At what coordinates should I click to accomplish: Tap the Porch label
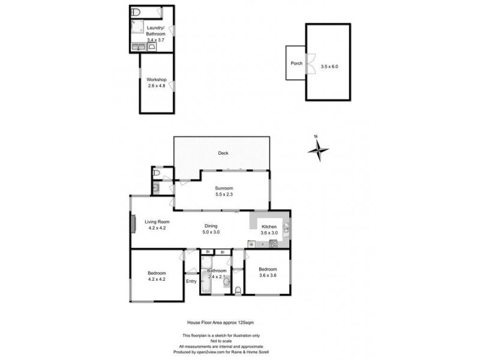coord(296,62)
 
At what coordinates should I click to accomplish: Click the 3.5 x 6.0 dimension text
coord(329,66)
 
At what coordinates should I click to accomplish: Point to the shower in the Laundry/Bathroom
coord(137,26)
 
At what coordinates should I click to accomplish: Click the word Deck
coord(223,153)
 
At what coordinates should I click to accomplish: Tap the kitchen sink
coord(286,228)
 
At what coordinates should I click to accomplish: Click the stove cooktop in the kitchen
coord(274,244)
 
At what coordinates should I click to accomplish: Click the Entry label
coord(191,281)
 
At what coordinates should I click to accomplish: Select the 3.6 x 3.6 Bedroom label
coord(268,272)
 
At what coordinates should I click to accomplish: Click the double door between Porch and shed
coord(310,63)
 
